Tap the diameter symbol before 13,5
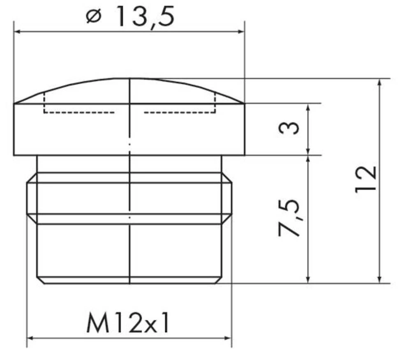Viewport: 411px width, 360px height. pos(94,17)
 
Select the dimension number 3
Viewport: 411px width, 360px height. pos(289,129)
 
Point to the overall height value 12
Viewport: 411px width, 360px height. pos(366,179)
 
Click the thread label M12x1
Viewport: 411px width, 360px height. pos(128,323)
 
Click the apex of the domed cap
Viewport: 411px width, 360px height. pos(129,78)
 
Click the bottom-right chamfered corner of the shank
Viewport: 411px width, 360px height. pos(218,280)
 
